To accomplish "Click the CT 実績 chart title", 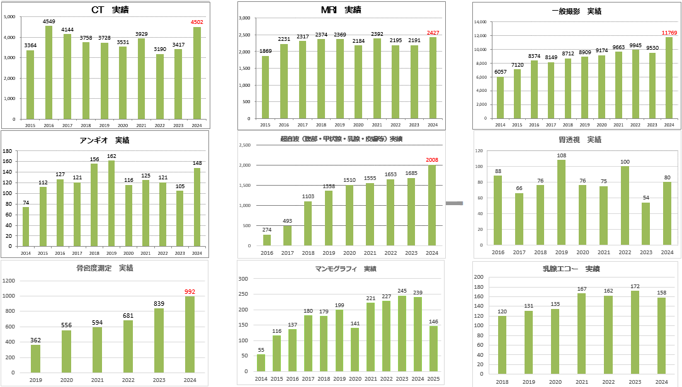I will coord(110,9).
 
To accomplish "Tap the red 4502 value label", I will coord(196,22).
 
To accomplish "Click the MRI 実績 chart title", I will coord(341,9).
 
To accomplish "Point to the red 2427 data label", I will coord(432,33).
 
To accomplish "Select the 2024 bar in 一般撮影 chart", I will coord(669,77).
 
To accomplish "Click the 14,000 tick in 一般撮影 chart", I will coord(481,22).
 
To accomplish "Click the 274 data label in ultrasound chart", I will coord(267,230).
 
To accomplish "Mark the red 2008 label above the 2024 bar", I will coord(432,160).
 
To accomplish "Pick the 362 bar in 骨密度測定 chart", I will coord(36,359).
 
